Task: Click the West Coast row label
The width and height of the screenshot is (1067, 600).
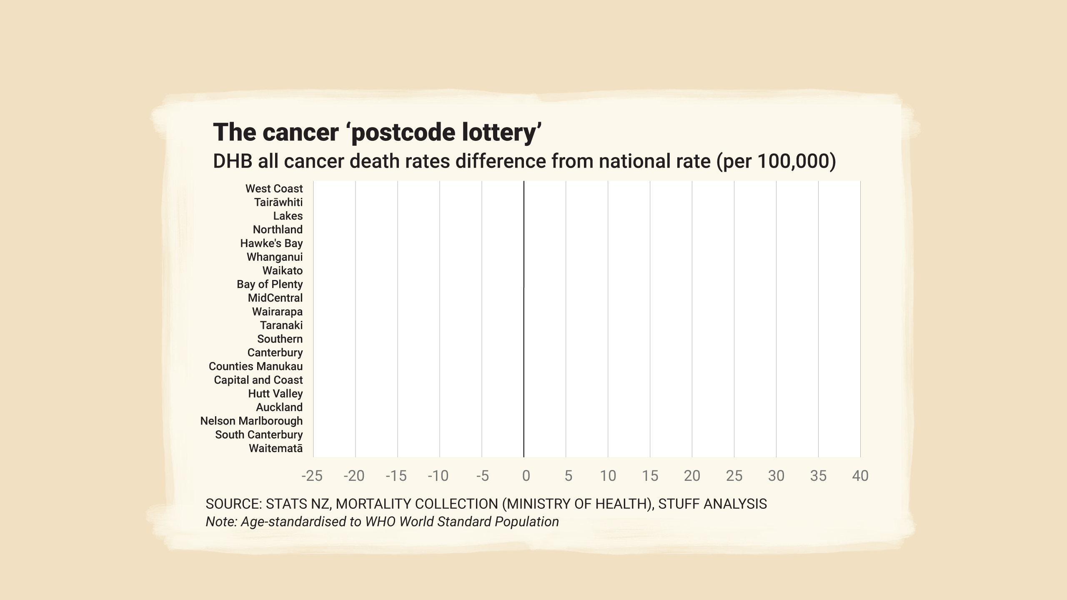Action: click(x=274, y=189)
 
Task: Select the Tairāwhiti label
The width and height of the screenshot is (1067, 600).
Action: click(x=278, y=202)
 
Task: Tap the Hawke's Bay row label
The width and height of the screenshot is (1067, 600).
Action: click(x=271, y=243)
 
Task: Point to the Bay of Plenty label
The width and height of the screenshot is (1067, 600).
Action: click(x=270, y=284)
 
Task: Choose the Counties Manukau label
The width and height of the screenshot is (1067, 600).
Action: click(x=255, y=366)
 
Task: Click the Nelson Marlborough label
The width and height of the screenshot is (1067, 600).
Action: click(x=251, y=421)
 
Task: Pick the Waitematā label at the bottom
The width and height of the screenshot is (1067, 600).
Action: click(x=276, y=448)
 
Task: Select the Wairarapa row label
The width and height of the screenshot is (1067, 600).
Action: click(x=277, y=312)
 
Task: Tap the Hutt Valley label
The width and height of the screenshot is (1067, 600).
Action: click(x=275, y=394)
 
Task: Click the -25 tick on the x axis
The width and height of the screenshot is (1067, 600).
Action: click(x=312, y=476)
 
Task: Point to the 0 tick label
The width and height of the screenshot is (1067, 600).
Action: click(x=526, y=476)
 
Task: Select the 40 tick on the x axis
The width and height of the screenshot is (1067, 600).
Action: click(x=860, y=476)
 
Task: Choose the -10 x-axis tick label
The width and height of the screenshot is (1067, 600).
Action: click(x=438, y=476)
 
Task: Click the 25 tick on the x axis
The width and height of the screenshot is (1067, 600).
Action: click(x=734, y=476)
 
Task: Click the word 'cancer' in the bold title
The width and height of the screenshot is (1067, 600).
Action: click(x=300, y=132)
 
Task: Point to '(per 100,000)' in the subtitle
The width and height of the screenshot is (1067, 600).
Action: click(x=776, y=161)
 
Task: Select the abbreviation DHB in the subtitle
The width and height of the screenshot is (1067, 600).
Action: click(x=232, y=161)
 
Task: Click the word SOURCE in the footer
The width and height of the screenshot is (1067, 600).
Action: click(x=233, y=504)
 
